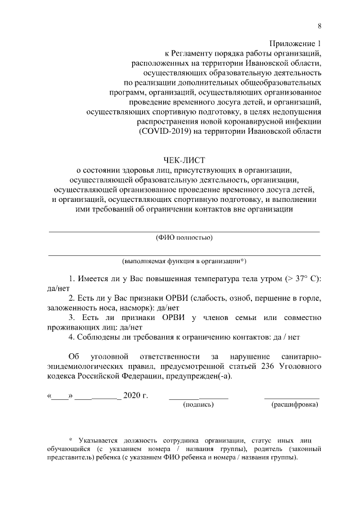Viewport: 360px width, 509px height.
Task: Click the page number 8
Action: [319, 26]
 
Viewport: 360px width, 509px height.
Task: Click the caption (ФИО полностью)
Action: [184, 237]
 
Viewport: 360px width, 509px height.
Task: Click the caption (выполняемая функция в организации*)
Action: [184, 262]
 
